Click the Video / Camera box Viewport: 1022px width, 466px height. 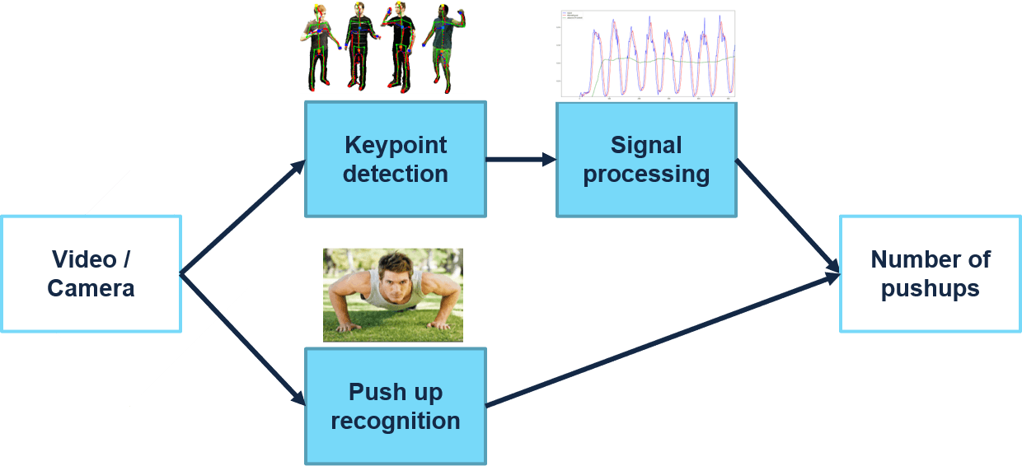coord(91,274)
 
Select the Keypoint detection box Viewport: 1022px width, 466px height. coord(396,159)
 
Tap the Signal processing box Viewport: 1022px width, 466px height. coord(646,159)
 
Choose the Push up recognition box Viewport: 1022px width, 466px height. coord(396,406)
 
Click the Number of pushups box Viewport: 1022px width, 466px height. coord(931,274)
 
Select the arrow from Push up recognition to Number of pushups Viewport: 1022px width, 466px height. coord(659,342)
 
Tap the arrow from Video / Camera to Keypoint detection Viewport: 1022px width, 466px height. coord(243,217)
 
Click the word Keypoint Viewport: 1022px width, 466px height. coord(396,145)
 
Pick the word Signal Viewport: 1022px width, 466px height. coord(646,145)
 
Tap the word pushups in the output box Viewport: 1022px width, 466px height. coord(931,289)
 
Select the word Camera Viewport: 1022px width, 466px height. coord(91,289)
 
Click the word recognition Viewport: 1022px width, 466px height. coord(396,421)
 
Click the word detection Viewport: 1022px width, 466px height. coord(396,174)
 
